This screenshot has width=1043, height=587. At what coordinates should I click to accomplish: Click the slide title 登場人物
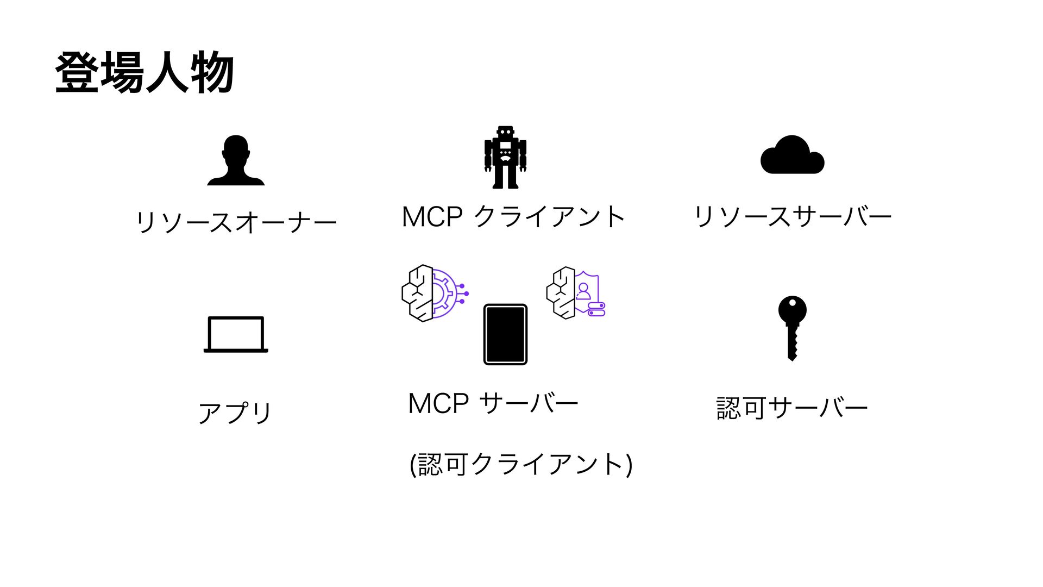point(144,72)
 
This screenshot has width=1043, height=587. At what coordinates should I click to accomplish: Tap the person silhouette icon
point(236,161)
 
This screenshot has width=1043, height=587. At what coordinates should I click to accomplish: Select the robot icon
point(505,158)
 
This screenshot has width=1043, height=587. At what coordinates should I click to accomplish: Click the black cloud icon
point(792,155)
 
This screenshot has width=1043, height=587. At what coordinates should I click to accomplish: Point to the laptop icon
point(236,334)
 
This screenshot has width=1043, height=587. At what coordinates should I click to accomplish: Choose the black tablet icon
point(505,334)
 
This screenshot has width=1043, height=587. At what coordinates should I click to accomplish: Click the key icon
point(792,328)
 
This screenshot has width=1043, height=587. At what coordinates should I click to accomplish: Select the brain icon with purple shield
point(575,293)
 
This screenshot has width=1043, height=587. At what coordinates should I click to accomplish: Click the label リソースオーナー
point(236,222)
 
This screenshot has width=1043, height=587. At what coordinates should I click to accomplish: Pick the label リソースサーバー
point(792,216)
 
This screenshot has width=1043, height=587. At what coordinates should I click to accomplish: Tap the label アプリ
point(235,413)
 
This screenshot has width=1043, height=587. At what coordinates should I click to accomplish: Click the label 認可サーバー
point(792,408)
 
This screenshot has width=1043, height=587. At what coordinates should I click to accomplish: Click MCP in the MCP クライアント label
point(432,217)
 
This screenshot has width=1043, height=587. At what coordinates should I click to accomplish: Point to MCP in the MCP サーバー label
point(438,404)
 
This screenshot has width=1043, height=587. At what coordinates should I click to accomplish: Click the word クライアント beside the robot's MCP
point(549,217)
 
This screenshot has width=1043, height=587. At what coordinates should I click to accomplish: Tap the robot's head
point(505,132)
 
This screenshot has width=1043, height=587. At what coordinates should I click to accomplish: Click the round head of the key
point(792,309)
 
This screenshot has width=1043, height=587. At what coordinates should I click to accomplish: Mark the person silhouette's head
point(236,148)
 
